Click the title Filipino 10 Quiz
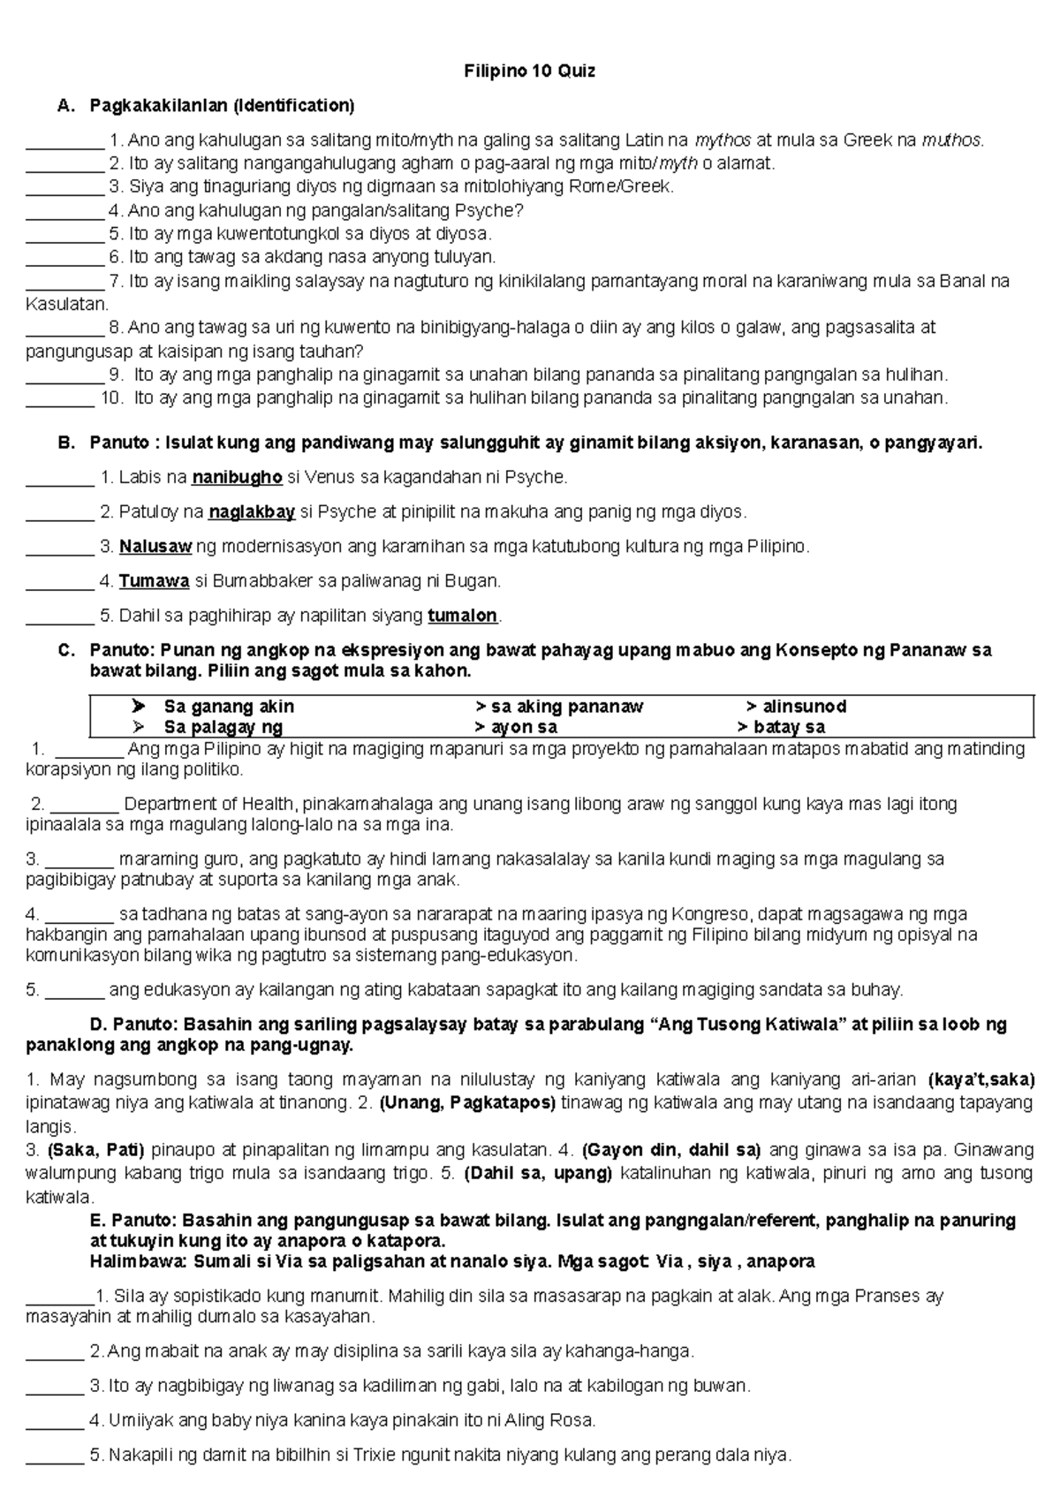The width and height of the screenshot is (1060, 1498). [x=530, y=72]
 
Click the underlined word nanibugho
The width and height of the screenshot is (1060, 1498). [x=237, y=478]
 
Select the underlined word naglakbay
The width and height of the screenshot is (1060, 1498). [x=252, y=512]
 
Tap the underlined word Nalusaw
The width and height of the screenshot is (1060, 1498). [x=155, y=547]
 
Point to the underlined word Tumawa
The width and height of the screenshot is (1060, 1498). [x=155, y=581]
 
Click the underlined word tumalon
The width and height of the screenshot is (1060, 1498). [x=463, y=616]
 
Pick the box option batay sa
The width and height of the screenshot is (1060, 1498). [x=788, y=728]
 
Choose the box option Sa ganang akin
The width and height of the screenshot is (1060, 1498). [x=229, y=707]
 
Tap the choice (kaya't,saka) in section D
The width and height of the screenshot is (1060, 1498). [x=981, y=1079]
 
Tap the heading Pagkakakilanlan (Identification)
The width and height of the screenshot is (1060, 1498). [x=222, y=106]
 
